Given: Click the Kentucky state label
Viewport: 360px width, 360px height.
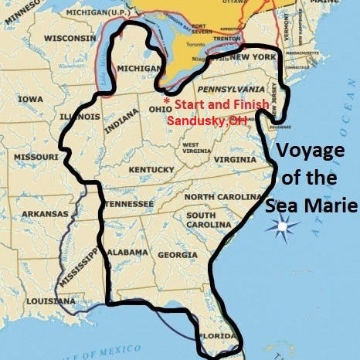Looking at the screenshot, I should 152,169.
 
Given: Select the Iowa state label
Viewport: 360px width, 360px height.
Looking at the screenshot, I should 31,99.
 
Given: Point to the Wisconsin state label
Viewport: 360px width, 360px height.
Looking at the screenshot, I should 70,37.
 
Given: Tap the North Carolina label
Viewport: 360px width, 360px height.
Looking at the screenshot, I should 221,197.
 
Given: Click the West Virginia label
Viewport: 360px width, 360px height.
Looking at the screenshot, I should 193,148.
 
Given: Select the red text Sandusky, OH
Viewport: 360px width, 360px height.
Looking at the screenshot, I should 202,118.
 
